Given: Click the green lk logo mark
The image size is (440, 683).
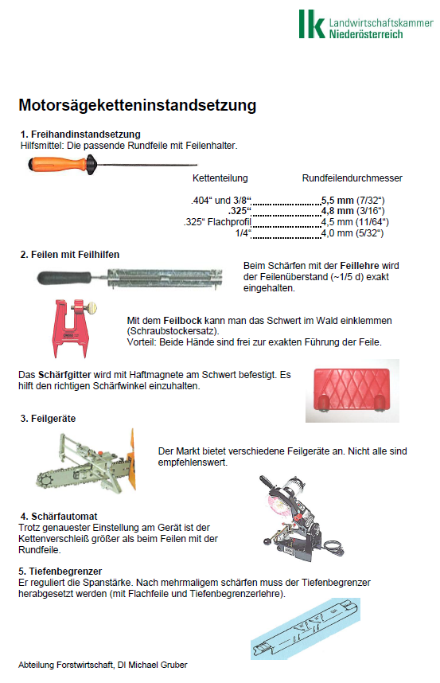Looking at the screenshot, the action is [x=312, y=24].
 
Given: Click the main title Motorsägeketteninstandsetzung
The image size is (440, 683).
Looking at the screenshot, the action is [x=137, y=105].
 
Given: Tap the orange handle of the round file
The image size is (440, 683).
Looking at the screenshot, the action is [x=57, y=164].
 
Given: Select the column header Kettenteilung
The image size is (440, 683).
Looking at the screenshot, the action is [x=220, y=178].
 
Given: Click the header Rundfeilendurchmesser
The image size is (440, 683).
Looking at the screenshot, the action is [x=352, y=178].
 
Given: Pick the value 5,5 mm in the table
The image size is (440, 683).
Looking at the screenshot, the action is [x=337, y=201].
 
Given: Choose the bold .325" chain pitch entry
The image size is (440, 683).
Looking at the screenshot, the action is [x=239, y=211].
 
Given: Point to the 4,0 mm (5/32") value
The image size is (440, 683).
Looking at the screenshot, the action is [x=352, y=233].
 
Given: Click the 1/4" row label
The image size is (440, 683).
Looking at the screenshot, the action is [x=243, y=233].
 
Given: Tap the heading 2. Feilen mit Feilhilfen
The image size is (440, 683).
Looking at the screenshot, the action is [x=70, y=255].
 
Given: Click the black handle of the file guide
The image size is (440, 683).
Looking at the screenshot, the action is [x=64, y=278].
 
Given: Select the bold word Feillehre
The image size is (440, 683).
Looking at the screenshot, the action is [x=360, y=266].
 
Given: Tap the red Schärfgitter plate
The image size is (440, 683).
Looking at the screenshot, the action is [x=351, y=390].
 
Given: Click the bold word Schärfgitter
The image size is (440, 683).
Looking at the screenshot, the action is [x=64, y=375].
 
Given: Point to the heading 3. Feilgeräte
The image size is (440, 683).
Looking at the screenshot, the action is [x=48, y=419].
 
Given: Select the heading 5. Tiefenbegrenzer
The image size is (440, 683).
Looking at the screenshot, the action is [x=60, y=571].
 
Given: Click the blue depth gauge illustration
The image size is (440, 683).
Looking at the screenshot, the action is [x=306, y=629].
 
